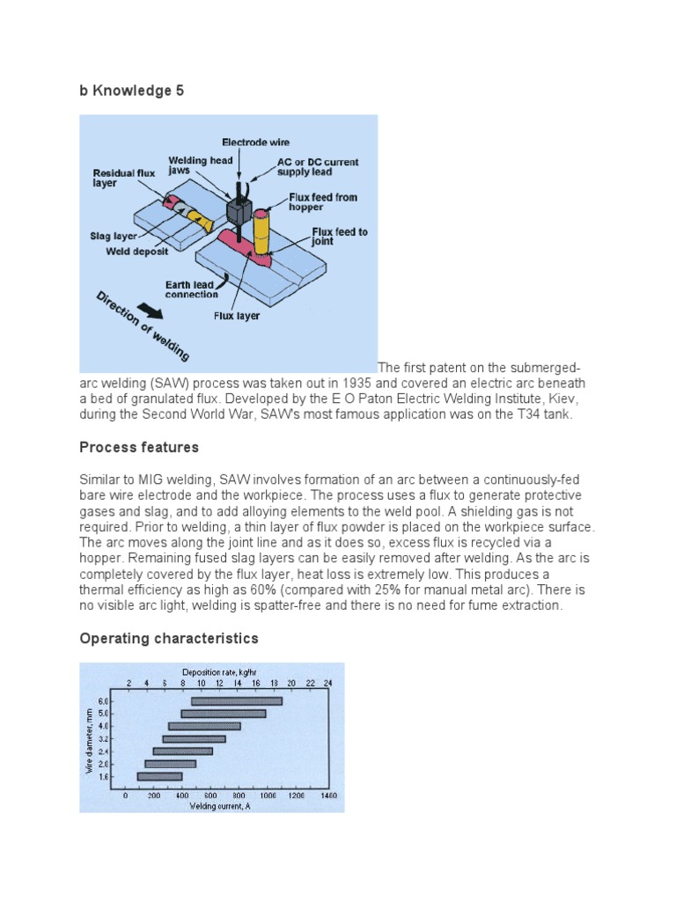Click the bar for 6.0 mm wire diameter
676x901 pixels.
pos(236,701)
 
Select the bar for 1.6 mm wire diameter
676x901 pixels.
pos(159,776)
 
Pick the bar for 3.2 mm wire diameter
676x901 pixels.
pos(194,739)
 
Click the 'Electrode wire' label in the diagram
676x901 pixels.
pos(255,142)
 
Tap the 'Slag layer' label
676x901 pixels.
pos(113,237)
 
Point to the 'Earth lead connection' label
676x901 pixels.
pos(192,289)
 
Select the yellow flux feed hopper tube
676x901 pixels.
pos(262,232)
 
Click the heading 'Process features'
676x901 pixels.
pos(139,447)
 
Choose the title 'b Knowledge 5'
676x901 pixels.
pos(132,90)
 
